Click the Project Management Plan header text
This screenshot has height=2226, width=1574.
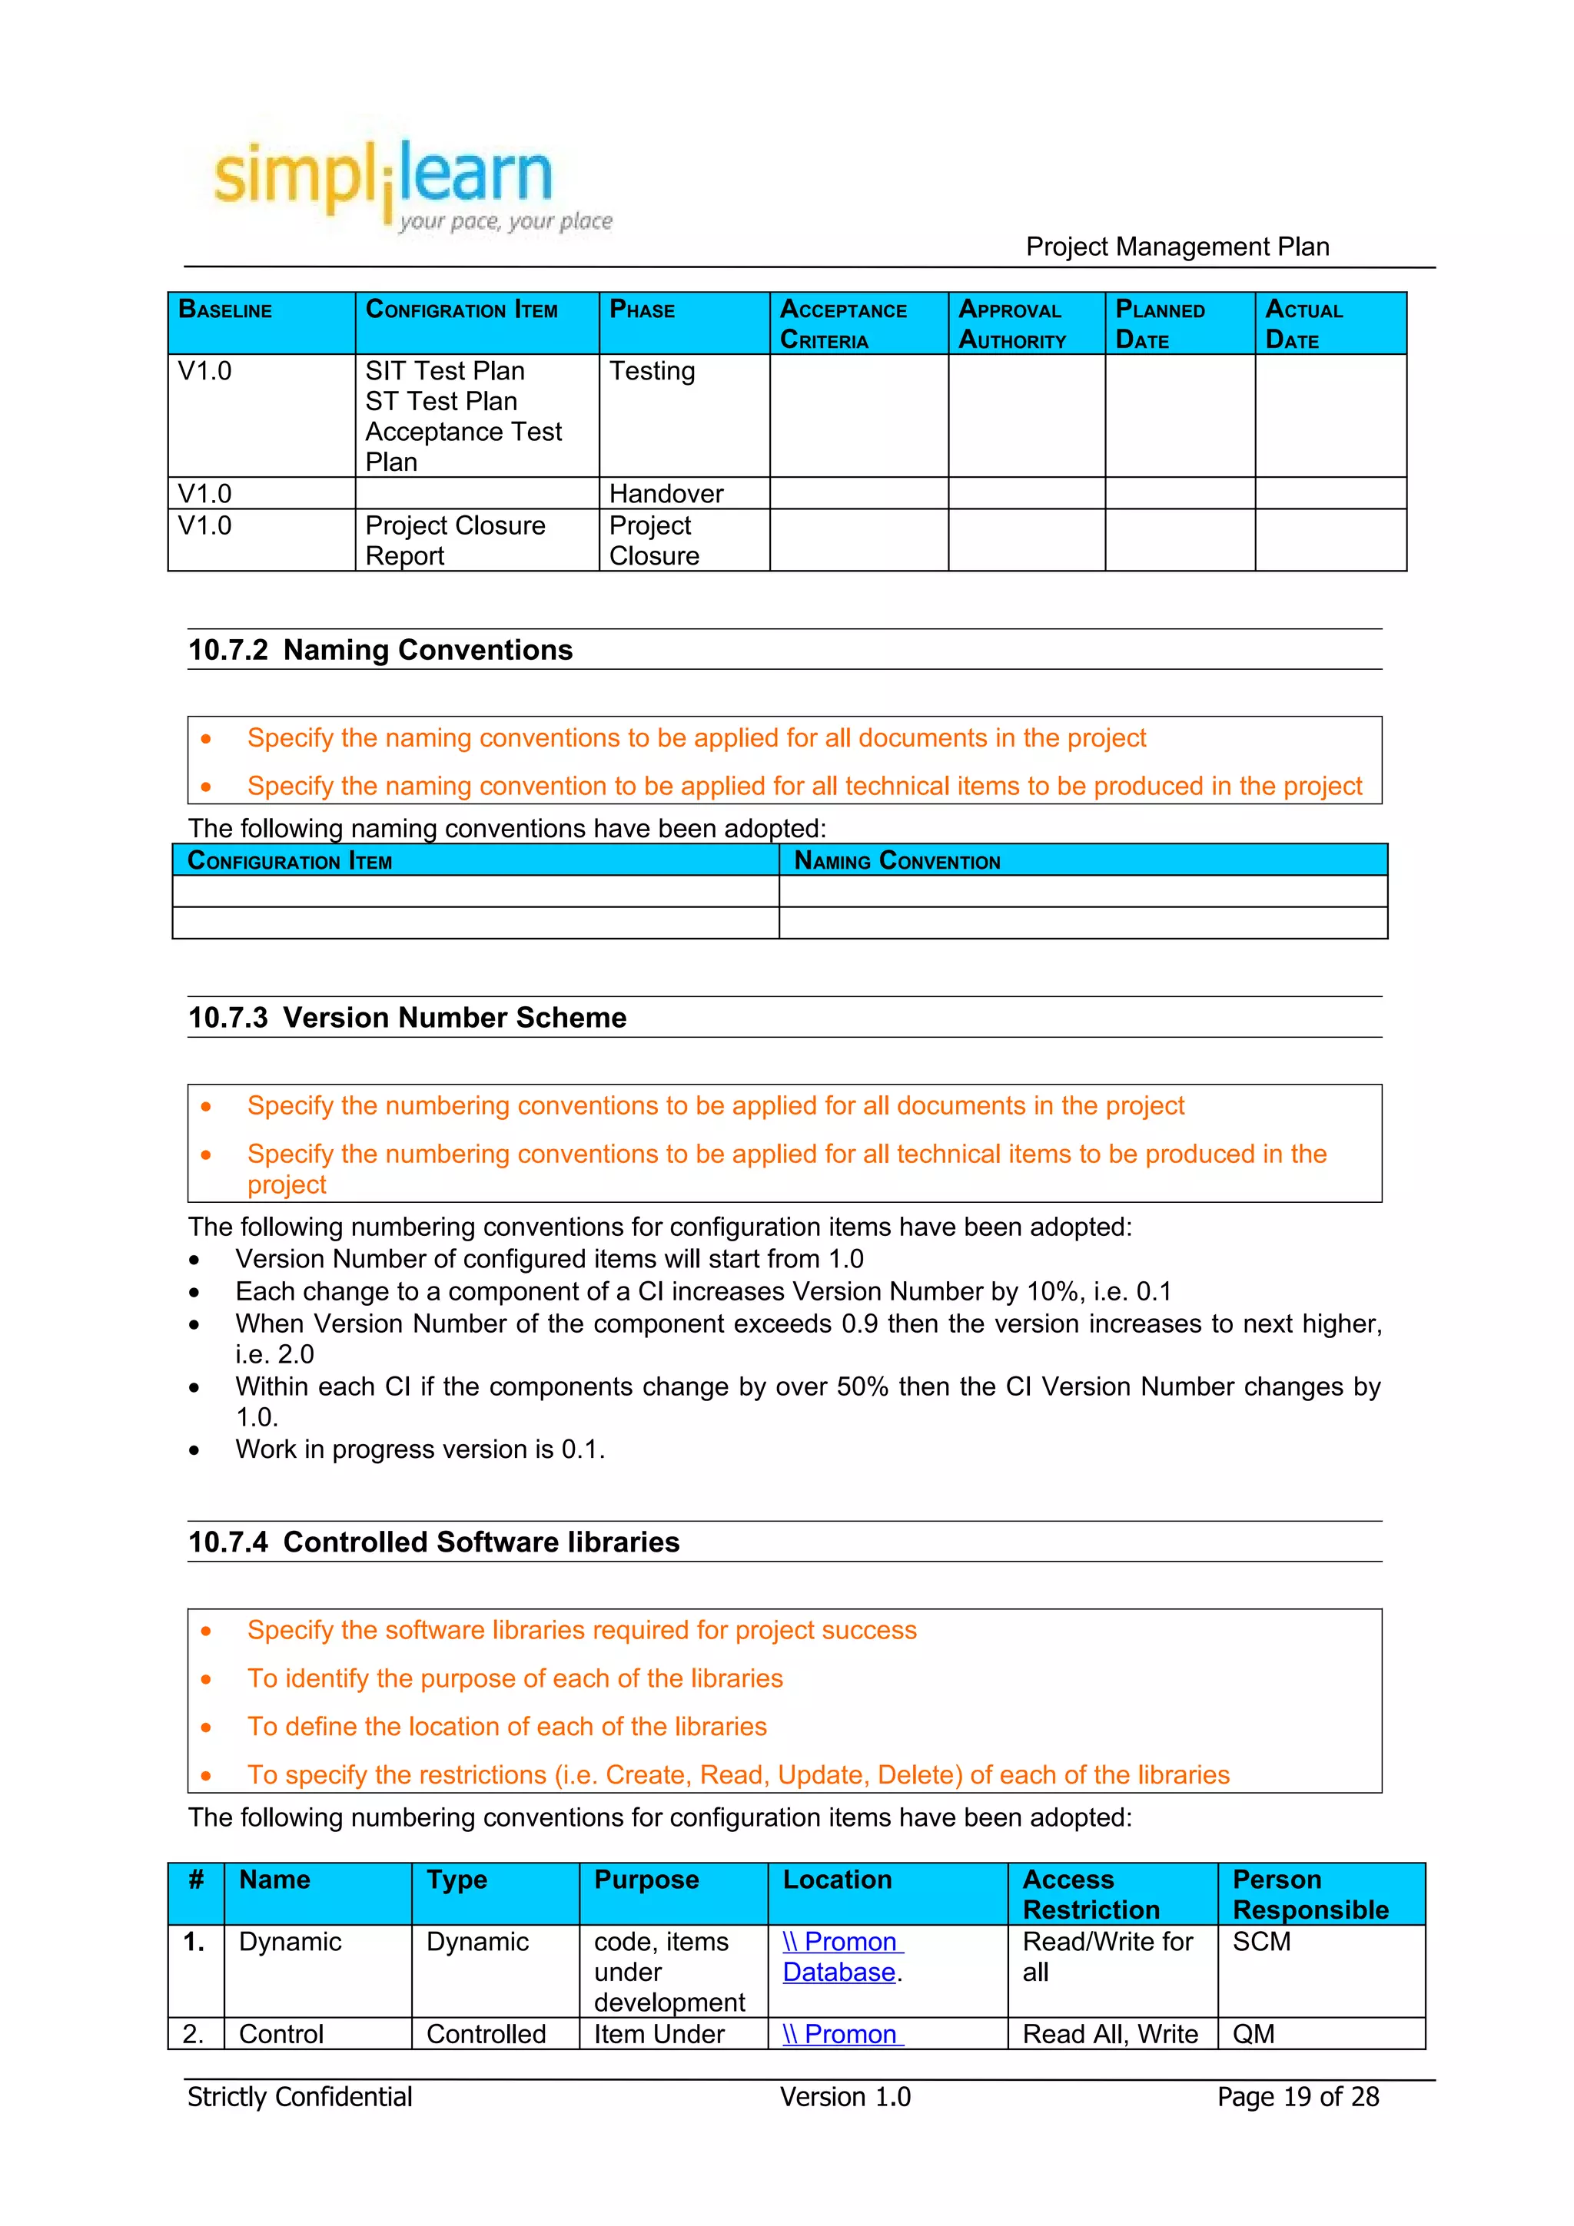pyautogui.click(x=1177, y=247)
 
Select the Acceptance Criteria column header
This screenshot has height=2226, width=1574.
pyautogui.click(x=843, y=324)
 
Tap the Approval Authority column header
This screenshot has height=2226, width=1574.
pyautogui.click(x=1011, y=324)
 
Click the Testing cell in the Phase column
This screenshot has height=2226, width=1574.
pyautogui.click(x=652, y=371)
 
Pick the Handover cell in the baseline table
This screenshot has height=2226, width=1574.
pyautogui.click(x=666, y=493)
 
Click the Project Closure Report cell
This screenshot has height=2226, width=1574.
pyautogui.click(x=455, y=540)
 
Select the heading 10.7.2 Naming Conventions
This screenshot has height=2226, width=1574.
pyautogui.click(x=380, y=650)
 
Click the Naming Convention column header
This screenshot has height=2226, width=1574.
pyautogui.click(x=896, y=861)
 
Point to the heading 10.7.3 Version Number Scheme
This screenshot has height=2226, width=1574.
pyautogui.click(x=407, y=1017)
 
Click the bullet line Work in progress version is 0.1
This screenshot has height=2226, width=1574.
pyautogui.click(x=419, y=1449)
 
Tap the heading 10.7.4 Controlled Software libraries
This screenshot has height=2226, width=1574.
pyautogui.click(x=433, y=1542)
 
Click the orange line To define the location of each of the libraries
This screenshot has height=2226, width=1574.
pyautogui.click(x=506, y=1726)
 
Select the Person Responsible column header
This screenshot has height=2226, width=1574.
pyautogui.click(x=1310, y=1893)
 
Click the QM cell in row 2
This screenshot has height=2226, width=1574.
pyautogui.click(x=1253, y=2034)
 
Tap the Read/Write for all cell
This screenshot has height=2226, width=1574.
pyautogui.click(x=1107, y=1956)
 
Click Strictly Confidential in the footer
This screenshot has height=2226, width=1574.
pyautogui.click(x=300, y=2097)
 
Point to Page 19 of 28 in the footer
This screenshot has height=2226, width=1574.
pyautogui.click(x=1297, y=2097)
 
